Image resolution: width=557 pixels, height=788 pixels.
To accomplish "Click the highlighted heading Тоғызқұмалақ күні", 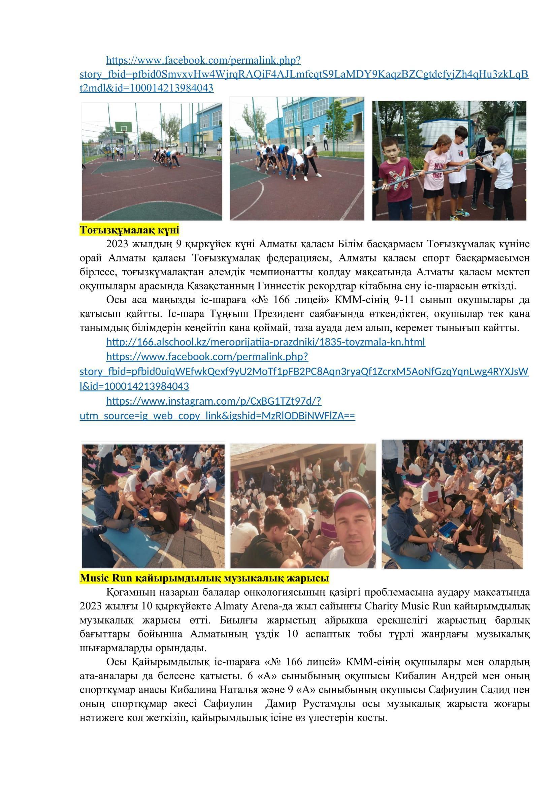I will click(x=129, y=229).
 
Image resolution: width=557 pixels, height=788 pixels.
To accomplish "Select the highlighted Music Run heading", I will click(x=204, y=578).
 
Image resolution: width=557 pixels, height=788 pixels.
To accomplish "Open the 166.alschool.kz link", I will click(x=265, y=342).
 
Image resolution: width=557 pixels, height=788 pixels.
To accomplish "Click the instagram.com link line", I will click(x=214, y=401).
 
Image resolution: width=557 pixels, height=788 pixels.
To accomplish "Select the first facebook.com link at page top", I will click(x=203, y=60).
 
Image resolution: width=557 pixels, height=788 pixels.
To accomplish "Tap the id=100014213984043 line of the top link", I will click(x=146, y=88).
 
